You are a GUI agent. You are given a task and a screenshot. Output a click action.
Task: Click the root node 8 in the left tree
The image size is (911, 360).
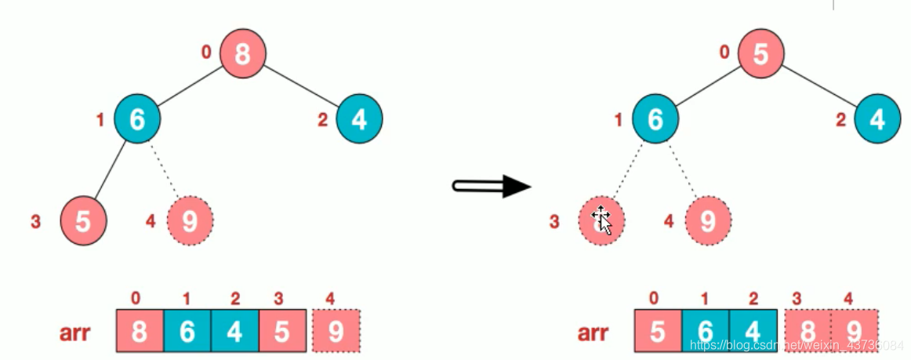click(242, 54)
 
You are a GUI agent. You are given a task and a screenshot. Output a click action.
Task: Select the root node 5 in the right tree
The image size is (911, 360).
click(758, 54)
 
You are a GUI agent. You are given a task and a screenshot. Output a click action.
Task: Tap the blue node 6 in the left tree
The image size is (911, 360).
click(137, 119)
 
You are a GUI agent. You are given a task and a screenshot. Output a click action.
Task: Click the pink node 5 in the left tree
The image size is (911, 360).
click(83, 221)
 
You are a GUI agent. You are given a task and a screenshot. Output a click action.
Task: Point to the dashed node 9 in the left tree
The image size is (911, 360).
click(190, 221)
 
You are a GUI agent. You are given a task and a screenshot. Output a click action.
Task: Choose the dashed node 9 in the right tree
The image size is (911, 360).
click(708, 221)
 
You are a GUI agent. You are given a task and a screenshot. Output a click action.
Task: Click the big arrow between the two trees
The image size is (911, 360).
click(492, 187)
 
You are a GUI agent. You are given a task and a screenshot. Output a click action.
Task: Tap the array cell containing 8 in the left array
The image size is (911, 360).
click(139, 332)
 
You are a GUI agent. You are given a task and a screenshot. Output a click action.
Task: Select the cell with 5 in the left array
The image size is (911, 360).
click(281, 332)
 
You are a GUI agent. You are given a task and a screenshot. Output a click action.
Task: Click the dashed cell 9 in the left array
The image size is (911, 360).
click(336, 332)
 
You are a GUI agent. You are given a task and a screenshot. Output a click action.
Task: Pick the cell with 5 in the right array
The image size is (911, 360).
click(658, 332)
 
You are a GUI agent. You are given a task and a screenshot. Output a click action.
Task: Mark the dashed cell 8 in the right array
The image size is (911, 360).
click(808, 332)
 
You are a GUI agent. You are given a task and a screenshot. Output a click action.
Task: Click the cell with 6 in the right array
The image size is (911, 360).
click(706, 332)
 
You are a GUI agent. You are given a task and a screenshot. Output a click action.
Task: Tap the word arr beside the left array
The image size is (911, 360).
click(74, 333)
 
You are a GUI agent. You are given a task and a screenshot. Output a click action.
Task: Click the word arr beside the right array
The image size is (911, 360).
click(593, 333)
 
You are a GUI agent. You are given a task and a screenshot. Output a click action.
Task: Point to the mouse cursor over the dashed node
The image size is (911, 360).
click(601, 220)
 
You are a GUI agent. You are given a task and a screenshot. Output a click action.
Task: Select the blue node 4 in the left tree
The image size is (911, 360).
click(359, 119)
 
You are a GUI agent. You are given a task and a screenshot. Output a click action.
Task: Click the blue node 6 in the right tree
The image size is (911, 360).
click(655, 119)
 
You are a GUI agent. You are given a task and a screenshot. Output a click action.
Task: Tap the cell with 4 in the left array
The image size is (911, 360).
click(234, 332)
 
